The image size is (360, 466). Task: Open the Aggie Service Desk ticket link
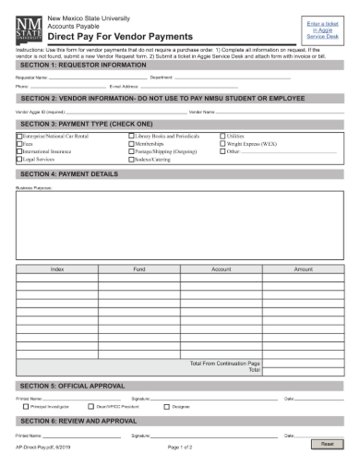click(x=324, y=30)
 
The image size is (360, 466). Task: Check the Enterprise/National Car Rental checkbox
click(x=19, y=136)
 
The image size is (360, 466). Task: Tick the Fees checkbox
click(x=19, y=144)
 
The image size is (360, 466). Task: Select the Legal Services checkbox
click(x=19, y=160)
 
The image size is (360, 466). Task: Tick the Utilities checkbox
click(x=222, y=136)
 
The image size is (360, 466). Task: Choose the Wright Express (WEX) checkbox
click(x=222, y=144)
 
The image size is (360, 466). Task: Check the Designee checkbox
click(x=167, y=406)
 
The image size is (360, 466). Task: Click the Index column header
click(x=57, y=269)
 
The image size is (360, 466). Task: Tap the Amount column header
click(x=304, y=269)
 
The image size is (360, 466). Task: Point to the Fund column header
click(x=139, y=269)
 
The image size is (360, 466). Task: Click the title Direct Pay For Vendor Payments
click(x=119, y=36)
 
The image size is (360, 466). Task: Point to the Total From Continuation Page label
click(x=224, y=363)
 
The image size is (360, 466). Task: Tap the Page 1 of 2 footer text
click(x=180, y=447)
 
